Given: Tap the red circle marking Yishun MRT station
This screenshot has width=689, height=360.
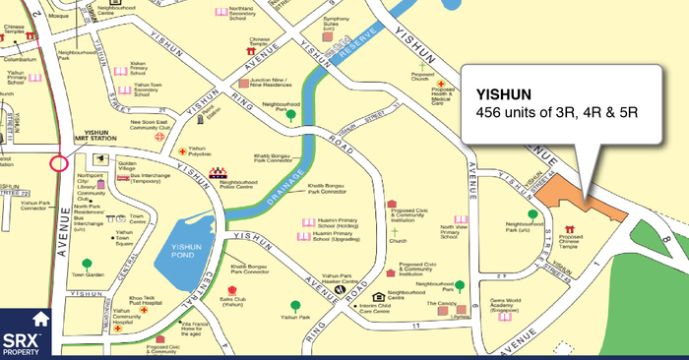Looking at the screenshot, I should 57,161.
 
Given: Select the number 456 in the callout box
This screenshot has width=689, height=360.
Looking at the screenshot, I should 489,113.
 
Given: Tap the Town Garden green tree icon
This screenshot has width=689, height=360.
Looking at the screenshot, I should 88,263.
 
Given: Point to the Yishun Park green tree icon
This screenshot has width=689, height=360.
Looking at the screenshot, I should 294,306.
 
